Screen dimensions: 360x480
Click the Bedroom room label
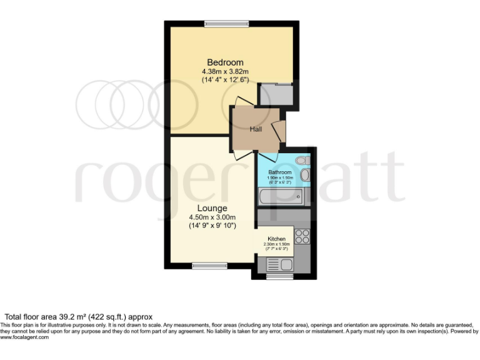click(x=225, y=62)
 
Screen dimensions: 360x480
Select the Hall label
click(x=256, y=129)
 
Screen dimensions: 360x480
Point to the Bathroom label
click(x=279, y=172)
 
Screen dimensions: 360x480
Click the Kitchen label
click(x=276, y=239)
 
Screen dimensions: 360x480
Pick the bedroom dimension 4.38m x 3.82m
click(x=225, y=71)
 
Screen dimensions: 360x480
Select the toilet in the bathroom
click(x=302, y=161)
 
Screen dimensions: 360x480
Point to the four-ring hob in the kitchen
click(x=302, y=236)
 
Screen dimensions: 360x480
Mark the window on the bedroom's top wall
click(x=227, y=24)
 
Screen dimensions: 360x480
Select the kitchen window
click(x=279, y=276)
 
